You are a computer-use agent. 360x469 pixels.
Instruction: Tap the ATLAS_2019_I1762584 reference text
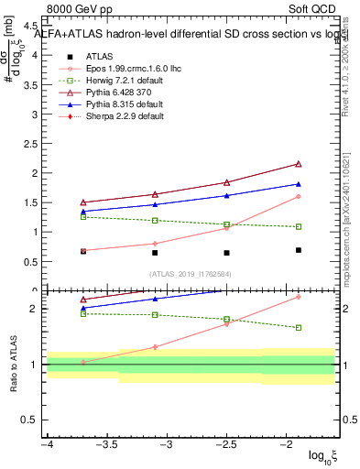click(x=190, y=273)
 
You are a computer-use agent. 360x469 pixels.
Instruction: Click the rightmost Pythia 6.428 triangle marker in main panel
click(x=299, y=164)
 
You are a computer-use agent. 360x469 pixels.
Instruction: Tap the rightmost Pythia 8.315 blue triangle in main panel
click(x=299, y=184)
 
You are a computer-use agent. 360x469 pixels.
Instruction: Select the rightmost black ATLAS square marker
click(x=299, y=250)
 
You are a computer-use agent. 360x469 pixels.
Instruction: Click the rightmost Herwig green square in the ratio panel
click(x=299, y=327)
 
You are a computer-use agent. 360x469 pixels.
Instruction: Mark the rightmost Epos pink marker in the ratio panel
click(x=299, y=297)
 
